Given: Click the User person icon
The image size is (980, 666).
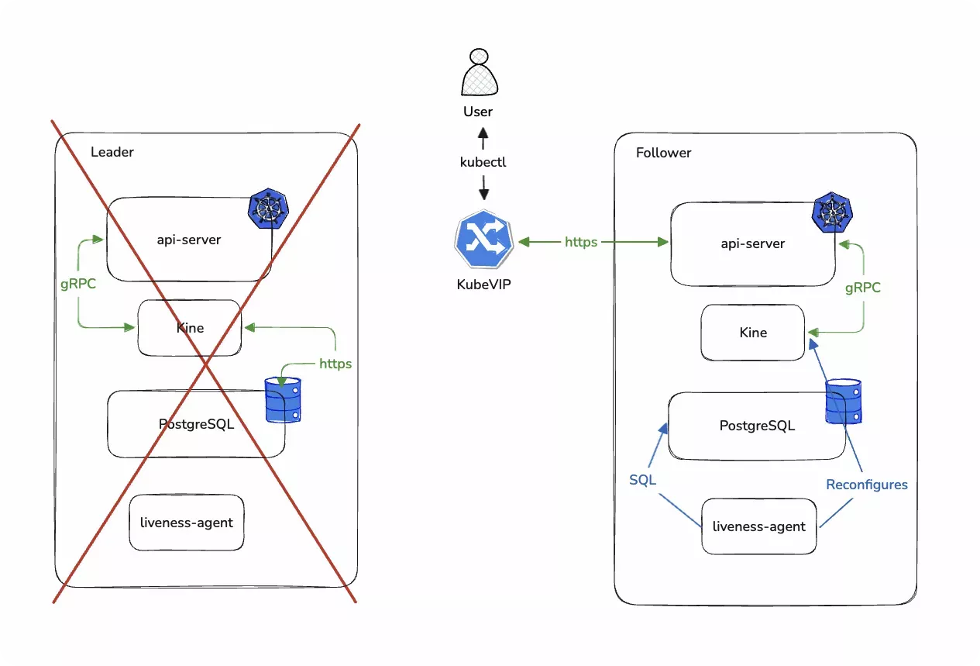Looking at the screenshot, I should (x=478, y=73).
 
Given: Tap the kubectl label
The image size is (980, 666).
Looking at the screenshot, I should (x=483, y=163).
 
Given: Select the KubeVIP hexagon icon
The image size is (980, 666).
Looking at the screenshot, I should (x=483, y=243).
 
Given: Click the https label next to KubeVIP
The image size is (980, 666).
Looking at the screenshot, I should (x=580, y=242).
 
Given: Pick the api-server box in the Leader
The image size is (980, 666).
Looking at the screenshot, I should (x=189, y=240).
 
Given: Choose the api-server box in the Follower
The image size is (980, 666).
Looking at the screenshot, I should (x=752, y=243).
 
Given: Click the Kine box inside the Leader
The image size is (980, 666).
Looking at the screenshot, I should (x=190, y=328).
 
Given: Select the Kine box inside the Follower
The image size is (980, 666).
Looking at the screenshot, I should (x=753, y=333).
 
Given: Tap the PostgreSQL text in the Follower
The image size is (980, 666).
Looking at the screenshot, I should (x=757, y=426).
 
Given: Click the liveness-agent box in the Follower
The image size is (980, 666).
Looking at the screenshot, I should (x=758, y=526).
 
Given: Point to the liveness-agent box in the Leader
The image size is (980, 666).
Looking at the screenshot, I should (x=187, y=522).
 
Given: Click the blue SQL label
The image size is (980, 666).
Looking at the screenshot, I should (x=642, y=480).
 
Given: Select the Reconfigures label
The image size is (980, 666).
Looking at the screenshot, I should (x=866, y=485).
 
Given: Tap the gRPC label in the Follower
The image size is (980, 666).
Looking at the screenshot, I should (x=862, y=288).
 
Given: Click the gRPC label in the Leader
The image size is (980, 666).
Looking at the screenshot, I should (x=78, y=284).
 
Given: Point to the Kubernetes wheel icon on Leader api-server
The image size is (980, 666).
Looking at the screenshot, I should (x=268, y=208).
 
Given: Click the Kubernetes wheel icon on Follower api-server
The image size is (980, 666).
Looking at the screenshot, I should (x=831, y=212).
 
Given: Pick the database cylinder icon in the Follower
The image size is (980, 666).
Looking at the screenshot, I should (x=844, y=401).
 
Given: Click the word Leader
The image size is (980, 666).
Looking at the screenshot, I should (x=112, y=152).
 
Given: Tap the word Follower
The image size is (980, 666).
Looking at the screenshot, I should (x=663, y=153).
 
